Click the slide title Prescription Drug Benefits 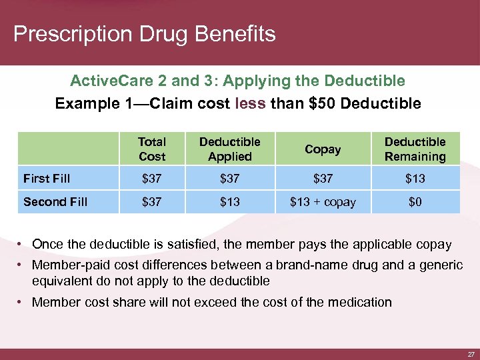pos(144,34)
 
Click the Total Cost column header pos(151,149)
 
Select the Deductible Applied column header pos(230,149)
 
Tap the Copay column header pos(323,149)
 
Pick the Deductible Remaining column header pos(415,149)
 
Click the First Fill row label pos(47,178)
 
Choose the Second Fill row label pos(55,201)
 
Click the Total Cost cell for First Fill pos(151,178)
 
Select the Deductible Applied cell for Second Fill pos(230,201)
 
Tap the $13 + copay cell pos(323,201)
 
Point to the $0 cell pos(415,201)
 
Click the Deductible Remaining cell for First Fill pos(415,178)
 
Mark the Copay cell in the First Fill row pos(323,178)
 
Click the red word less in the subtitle pos(251,103)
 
